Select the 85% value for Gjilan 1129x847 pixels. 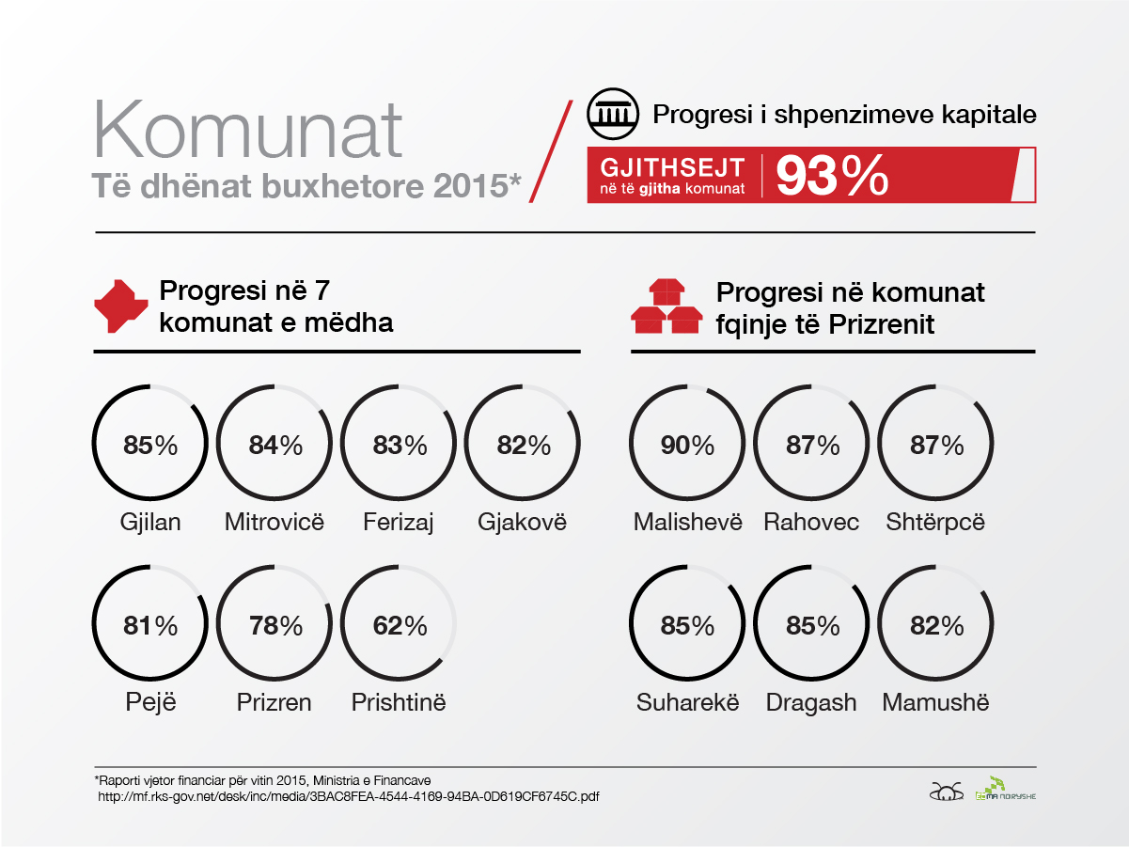[x=150, y=445]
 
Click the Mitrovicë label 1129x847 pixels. [x=274, y=522]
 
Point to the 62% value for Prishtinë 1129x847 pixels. [x=400, y=624]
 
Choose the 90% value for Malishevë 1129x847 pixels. [x=687, y=445]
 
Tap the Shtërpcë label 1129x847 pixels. [x=935, y=522]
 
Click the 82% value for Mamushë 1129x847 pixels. [x=937, y=624]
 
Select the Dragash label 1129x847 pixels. [x=811, y=702]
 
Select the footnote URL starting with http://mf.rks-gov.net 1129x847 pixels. [x=349, y=797]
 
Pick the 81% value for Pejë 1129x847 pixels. [x=150, y=624]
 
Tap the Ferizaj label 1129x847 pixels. [x=399, y=522]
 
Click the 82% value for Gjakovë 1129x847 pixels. [x=524, y=445]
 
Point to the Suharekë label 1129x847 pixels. [x=687, y=702]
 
